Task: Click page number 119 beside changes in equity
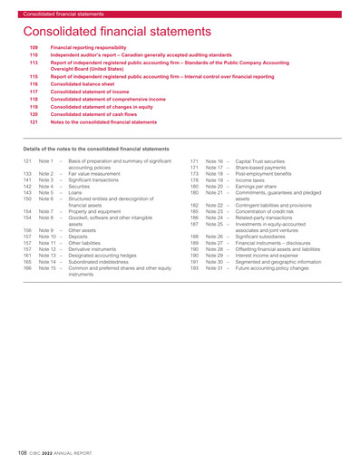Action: coord(35,108)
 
